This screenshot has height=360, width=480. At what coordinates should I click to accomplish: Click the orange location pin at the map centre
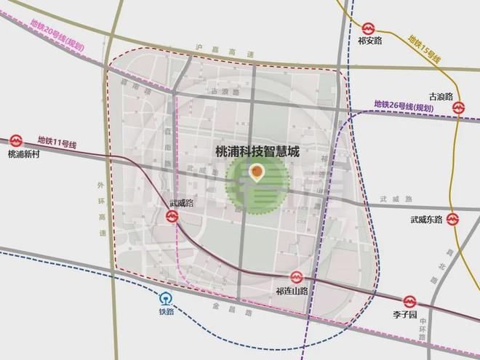click(256, 172)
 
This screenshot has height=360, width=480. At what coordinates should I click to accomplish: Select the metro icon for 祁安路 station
click(369, 28)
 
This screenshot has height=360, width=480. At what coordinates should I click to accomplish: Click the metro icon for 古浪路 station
click(459, 108)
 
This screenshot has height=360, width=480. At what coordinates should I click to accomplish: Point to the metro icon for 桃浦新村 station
click(17, 140)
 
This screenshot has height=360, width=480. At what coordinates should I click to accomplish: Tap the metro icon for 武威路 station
click(172, 216)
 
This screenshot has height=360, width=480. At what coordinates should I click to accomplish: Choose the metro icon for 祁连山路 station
click(295, 276)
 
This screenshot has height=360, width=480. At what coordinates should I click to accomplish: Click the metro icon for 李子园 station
click(409, 300)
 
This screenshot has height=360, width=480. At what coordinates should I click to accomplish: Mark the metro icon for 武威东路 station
click(453, 217)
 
